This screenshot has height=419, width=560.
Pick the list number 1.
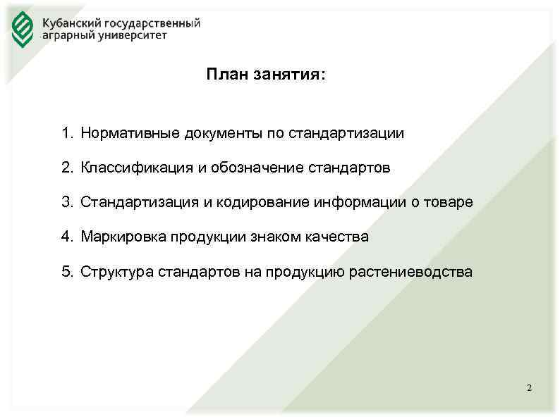coord(66,133)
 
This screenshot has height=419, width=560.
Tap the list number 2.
coord(66,168)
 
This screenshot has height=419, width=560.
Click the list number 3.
coord(66,202)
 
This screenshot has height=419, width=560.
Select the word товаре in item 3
coord(449,202)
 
